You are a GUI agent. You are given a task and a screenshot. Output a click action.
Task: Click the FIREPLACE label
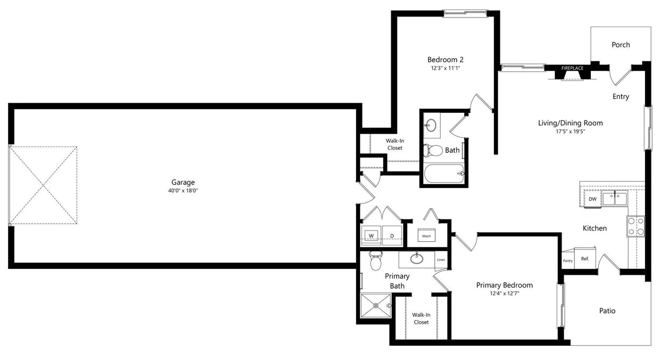point(572,68)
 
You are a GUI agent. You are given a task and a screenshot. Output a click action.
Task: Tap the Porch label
point(621,45)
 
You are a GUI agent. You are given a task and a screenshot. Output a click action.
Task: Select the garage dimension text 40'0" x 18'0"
point(183,191)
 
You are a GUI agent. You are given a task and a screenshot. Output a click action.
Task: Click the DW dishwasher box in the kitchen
point(592,199)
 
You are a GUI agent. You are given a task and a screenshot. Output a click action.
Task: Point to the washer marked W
point(372,235)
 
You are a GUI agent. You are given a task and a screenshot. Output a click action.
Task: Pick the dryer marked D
point(392,235)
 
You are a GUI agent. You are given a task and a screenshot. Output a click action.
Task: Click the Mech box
point(426,236)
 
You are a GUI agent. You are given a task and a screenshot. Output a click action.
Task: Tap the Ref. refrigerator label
point(585,259)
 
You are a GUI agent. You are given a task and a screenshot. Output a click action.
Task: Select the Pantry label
point(567,261)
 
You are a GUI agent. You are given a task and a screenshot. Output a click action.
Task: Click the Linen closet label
point(441,260)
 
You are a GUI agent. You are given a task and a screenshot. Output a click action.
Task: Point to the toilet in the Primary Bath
point(376,260)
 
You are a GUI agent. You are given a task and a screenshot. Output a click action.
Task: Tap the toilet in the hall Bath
point(433,151)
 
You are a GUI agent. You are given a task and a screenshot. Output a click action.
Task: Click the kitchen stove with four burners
point(636,226)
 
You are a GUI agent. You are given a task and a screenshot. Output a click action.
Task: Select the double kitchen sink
point(615,198)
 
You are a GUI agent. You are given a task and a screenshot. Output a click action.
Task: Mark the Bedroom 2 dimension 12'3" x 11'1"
point(445,69)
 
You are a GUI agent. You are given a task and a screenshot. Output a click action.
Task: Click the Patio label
point(607,310)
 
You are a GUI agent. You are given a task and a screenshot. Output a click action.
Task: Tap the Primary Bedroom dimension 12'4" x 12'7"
point(504,293)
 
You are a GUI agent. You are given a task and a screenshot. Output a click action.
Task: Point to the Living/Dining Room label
point(570,123)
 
